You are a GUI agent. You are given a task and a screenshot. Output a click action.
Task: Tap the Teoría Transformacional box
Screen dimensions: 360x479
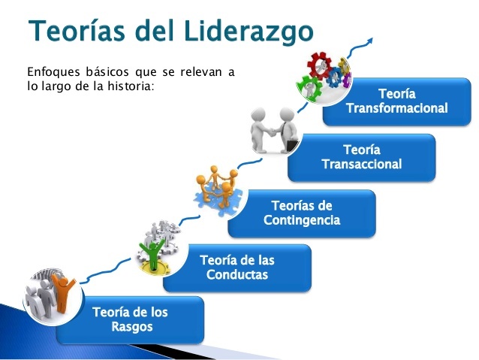click(x=396, y=101)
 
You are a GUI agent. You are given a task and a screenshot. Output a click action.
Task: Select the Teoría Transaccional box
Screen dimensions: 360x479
click(x=361, y=157)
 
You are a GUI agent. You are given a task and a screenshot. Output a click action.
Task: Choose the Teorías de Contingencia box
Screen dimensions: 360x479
click(x=302, y=213)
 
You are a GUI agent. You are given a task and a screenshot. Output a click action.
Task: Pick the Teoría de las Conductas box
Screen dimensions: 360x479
click(x=237, y=268)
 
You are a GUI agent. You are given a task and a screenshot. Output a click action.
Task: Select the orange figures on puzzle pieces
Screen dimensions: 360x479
click(x=217, y=187)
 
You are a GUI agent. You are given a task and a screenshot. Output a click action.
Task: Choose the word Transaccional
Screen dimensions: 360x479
click(x=361, y=165)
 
